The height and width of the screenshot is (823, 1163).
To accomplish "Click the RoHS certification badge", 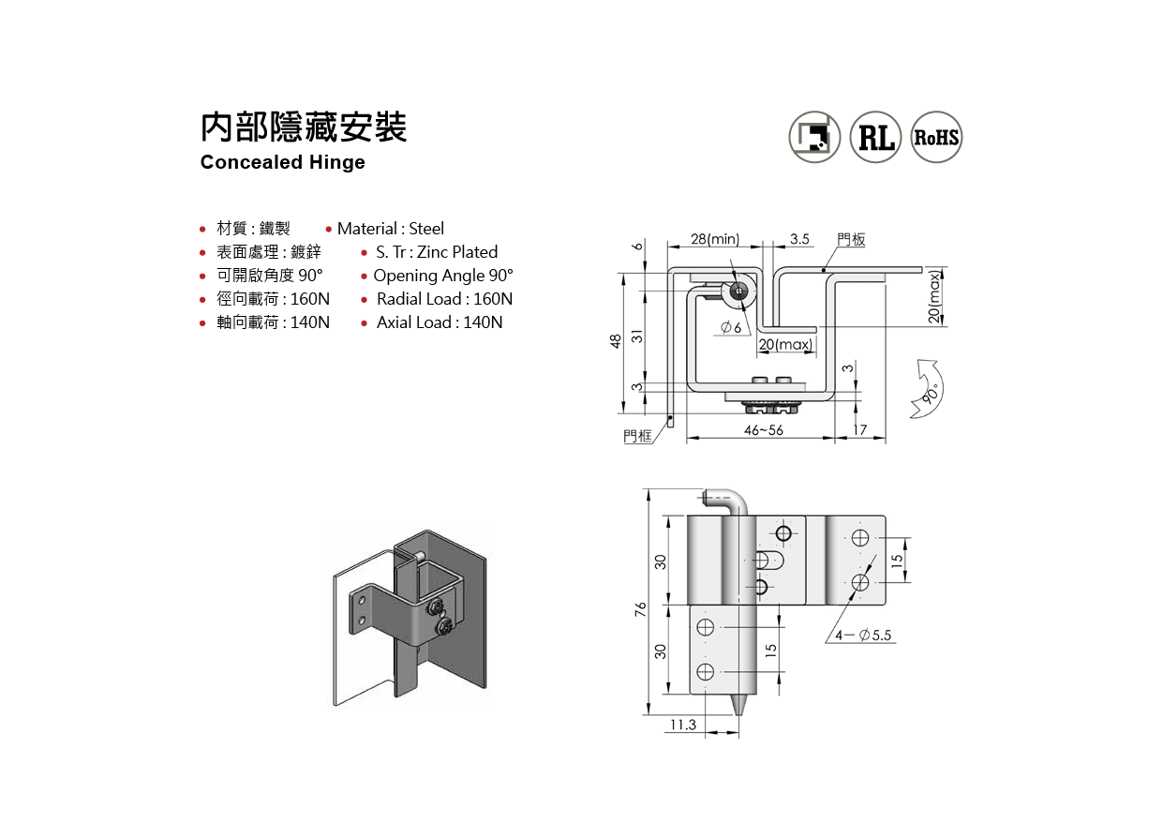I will click(x=936, y=137).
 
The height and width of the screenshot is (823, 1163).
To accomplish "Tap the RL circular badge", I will click(x=875, y=137).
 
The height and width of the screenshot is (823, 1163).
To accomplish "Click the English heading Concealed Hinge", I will click(x=282, y=162).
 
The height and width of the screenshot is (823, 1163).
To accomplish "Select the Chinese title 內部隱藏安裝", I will click(x=304, y=127).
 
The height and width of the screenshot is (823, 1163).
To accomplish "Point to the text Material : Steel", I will click(x=390, y=229).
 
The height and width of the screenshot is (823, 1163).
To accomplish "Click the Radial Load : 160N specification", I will click(x=444, y=299).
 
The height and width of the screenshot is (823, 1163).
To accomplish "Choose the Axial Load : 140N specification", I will click(x=439, y=322).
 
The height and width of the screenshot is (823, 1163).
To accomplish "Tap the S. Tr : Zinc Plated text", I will click(x=437, y=252).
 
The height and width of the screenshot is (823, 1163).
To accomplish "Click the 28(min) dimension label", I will click(x=715, y=239).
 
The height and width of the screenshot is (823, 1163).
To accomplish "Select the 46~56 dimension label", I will click(x=763, y=430).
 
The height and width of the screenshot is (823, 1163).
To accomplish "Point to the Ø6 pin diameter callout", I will click(x=731, y=327).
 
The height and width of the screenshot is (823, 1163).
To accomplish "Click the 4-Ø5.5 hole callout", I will click(x=865, y=636).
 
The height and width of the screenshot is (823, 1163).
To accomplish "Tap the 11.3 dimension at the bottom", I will click(x=683, y=725).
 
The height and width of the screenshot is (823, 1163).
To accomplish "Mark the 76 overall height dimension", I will click(x=641, y=609).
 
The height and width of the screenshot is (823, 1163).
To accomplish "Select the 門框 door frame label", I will click(x=637, y=436).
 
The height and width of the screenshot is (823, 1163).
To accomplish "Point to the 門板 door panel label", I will click(x=851, y=240).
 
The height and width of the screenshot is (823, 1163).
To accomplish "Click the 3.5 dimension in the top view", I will click(x=799, y=239).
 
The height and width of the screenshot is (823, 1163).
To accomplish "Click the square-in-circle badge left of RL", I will click(x=814, y=137).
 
